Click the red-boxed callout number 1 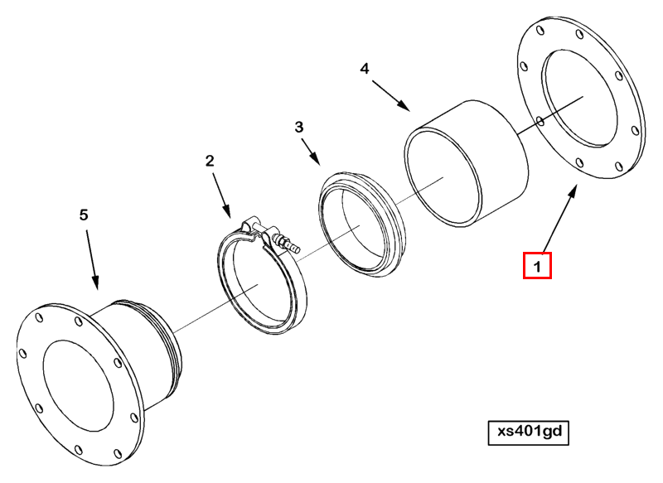tap(537, 266)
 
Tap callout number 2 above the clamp tap(210, 161)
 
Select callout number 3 tap(299, 128)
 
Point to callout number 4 tap(365, 69)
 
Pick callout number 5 tap(84, 215)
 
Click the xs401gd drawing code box tap(529, 432)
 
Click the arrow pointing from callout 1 tap(560, 219)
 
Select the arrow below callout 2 tap(221, 196)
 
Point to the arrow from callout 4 tap(391, 96)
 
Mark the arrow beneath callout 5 tap(93, 260)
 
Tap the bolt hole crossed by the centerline tap(540, 122)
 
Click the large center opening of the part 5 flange tap(78, 386)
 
